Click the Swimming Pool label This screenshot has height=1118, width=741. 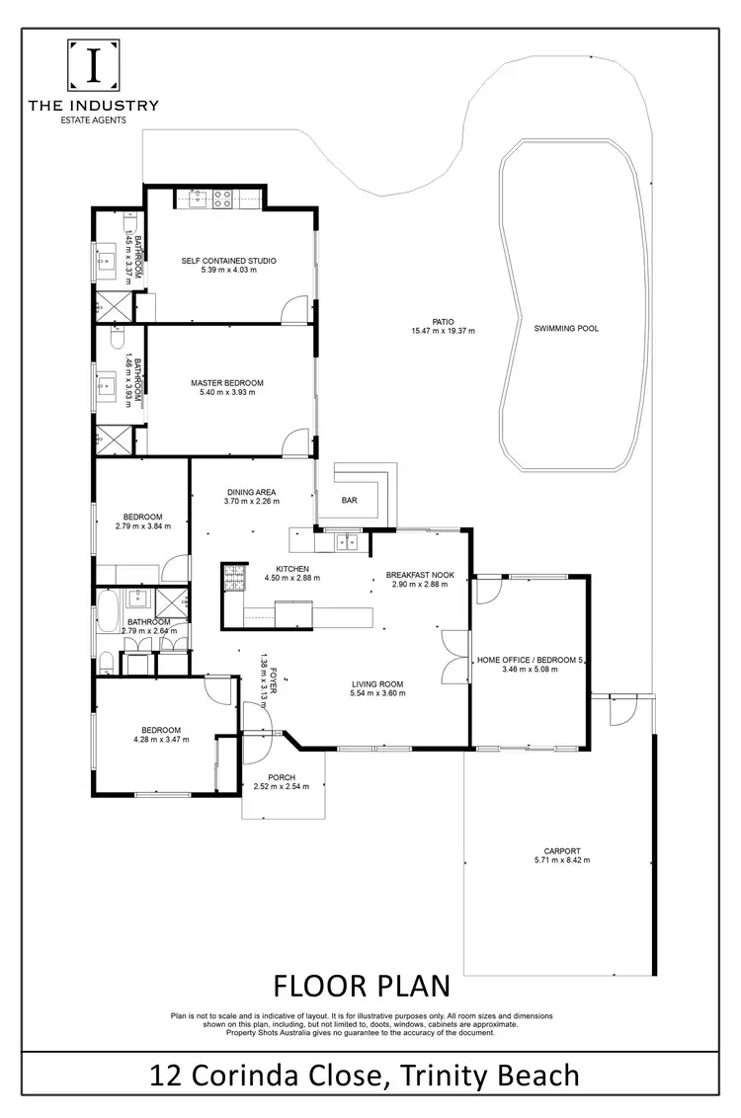(x=565, y=329)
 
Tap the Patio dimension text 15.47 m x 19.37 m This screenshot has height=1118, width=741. (x=443, y=331)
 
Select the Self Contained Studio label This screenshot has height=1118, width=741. (x=228, y=261)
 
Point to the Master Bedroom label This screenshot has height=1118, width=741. (x=227, y=383)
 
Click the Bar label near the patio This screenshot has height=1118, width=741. (x=349, y=501)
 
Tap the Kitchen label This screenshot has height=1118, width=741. (x=293, y=569)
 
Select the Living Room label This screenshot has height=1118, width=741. (x=377, y=683)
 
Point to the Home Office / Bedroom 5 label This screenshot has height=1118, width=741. (x=531, y=660)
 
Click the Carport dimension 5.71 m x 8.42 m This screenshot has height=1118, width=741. (x=561, y=860)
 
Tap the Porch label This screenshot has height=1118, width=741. (x=282, y=776)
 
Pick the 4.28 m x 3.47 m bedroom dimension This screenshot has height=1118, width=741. (x=160, y=738)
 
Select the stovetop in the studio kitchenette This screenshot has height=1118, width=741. (x=222, y=200)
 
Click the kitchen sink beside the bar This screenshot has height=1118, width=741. (x=348, y=540)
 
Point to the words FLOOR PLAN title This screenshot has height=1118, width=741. (x=361, y=986)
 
